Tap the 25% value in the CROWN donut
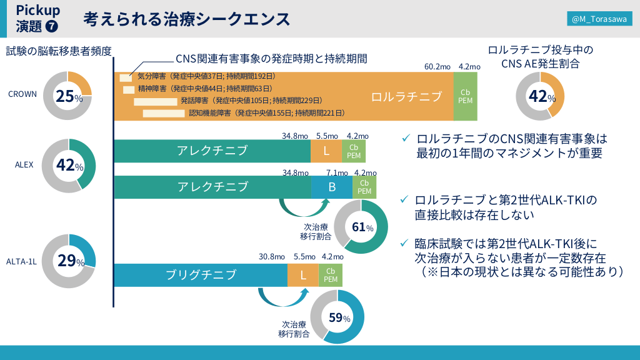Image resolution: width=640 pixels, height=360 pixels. (69, 96)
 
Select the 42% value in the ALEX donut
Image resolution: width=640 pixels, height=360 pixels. (69, 166)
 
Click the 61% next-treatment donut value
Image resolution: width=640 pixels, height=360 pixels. (362, 227)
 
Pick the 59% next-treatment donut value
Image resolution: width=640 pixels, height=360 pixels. (339, 317)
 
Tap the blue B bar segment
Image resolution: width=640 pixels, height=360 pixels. (332, 186)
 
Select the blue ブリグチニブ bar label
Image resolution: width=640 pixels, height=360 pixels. (201, 275)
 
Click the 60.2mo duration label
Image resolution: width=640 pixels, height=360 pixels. (437, 67)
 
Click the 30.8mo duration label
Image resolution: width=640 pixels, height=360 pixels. (272, 256)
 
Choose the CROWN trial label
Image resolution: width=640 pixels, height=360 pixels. (22, 94)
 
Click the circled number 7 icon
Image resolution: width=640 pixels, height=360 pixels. (52, 26)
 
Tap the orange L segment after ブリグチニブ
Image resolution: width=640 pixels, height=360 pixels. (303, 275)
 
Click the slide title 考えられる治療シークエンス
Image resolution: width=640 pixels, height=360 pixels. (187, 19)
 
